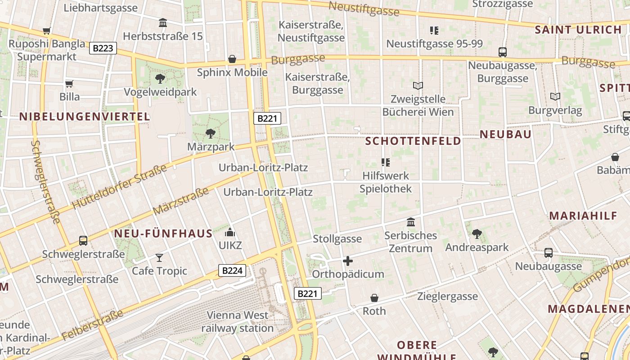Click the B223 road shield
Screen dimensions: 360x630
coord(103,48)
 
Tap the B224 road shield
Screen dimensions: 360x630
coord(232,270)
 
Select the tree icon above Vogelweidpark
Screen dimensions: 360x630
coord(160,79)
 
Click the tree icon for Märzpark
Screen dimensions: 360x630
coord(210,133)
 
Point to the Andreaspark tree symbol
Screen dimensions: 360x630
coord(477,234)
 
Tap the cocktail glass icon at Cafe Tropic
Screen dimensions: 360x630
coord(159,257)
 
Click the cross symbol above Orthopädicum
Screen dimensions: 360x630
coord(348,261)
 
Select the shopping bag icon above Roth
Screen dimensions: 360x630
coord(374,298)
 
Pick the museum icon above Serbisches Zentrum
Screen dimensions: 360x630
coord(411,222)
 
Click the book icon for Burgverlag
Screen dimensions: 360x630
coord(555,96)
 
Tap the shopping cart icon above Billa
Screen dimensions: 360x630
coord(69,84)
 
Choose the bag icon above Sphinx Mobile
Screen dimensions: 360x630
coord(232,59)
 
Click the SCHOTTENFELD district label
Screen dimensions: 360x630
coord(413,141)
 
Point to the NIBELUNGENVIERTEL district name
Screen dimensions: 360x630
coord(84,117)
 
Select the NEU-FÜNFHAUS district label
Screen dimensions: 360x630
coord(163,234)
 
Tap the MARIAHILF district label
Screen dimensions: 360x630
coord(583,216)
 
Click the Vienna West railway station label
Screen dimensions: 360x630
coord(238,322)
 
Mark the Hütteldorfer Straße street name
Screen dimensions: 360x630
coord(119,187)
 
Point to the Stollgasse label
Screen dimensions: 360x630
coord(337,239)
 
